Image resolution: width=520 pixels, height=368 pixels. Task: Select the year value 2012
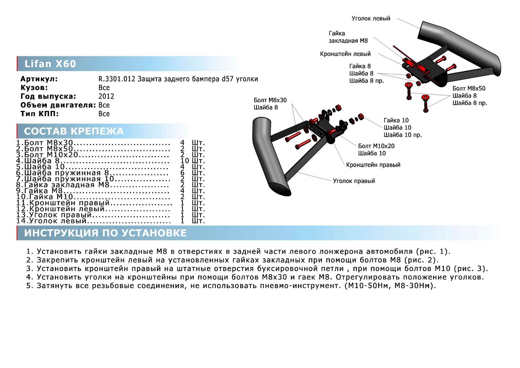[106, 96]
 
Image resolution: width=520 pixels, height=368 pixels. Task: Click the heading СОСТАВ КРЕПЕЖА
[74, 131]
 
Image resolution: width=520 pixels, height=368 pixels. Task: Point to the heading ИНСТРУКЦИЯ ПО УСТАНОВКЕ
[105, 233]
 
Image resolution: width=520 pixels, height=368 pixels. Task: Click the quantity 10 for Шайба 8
[185, 161]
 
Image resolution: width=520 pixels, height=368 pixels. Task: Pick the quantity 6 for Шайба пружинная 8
[182, 173]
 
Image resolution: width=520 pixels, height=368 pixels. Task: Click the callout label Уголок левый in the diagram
[370, 19]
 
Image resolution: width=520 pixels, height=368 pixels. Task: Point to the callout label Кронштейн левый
[345, 54]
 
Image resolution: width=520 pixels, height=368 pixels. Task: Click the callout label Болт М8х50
[469, 88]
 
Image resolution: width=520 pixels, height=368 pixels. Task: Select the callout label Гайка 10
[396, 120]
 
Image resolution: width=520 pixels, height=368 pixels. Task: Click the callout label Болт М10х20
[376, 146]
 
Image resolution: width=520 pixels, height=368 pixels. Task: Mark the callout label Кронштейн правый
[373, 165]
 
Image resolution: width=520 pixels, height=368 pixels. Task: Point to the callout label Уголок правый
[354, 181]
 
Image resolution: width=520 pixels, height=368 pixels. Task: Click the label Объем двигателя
[58, 105]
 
